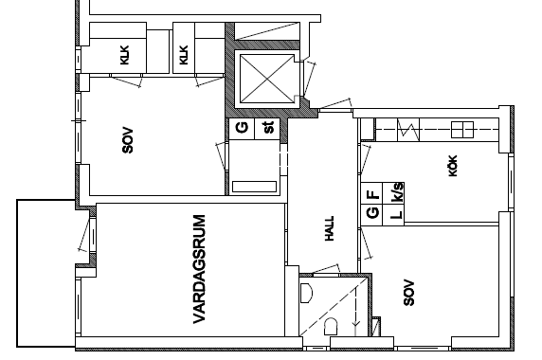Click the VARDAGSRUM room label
point(199,269)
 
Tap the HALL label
point(330,228)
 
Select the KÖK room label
point(453,166)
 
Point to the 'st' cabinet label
point(268,127)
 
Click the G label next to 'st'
point(243,127)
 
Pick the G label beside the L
point(371,212)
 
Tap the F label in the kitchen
point(372,193)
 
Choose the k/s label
point(397,192)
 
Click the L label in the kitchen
point(397,214)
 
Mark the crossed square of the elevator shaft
point(267,79)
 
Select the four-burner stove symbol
point(462,130)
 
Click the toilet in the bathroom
point(331,326)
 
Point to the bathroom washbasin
point(307,293)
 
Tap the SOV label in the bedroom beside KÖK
point(409,293)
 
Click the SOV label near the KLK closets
point(127,140)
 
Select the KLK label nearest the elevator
point(184,55)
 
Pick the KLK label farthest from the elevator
point(125,55)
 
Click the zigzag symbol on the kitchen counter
point(408,130)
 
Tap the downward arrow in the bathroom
point(356,306)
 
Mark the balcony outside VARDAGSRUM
point(46,273)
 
